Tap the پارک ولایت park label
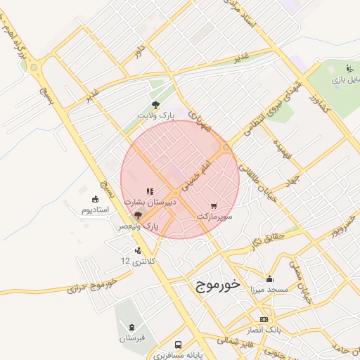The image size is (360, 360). pyautogui.click(x=155, y=114)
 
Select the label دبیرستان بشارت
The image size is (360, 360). pyautogui.click(x=150, y=201)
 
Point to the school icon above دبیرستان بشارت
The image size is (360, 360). pyautogui.click(x=149, y=191)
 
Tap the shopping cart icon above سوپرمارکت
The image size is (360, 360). pyautogui.click(x=214, y=206)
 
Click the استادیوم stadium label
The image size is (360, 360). pyautogui.click(x=96, y=210)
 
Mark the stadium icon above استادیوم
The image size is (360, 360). pyautogui.click(x=96, y=199)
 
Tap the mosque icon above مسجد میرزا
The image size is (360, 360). pyautogui.click(x=269, y=278)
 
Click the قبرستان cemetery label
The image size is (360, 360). pyautogui.click(x=131, y=337)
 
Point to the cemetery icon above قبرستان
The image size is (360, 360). pyautogui.click(x=131, y=328)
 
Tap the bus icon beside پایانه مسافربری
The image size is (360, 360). pyautogui.click(x=178, y=345)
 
